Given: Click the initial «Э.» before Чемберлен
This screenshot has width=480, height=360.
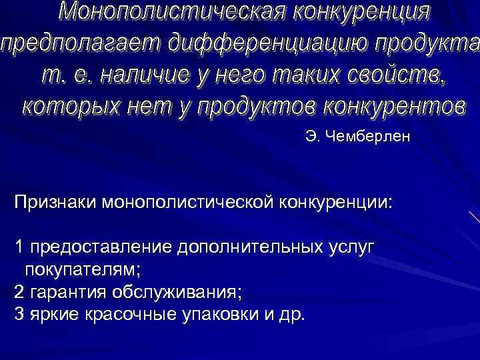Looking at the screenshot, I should point(313,137).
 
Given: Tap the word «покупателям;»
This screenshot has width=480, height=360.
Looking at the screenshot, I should point(84,270).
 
